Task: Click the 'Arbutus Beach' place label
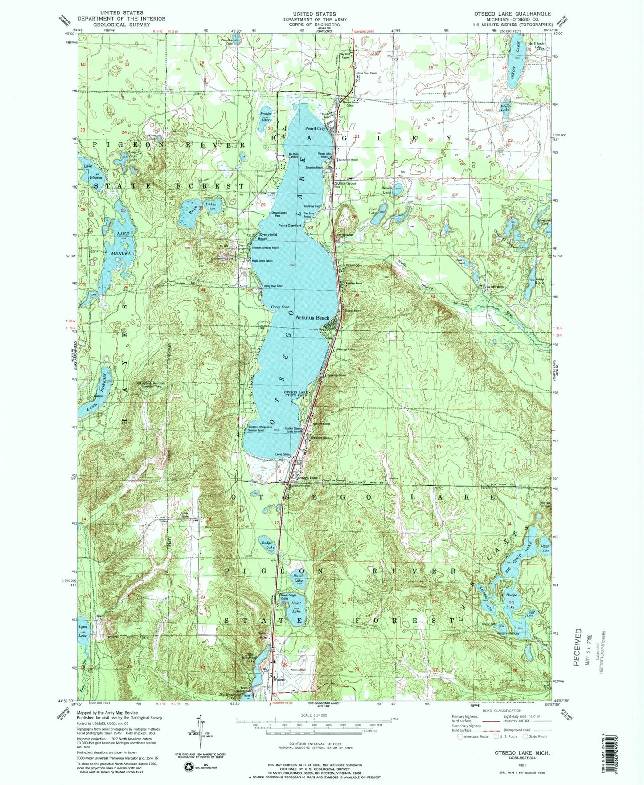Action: [x=312, y=318]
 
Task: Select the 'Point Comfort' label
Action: [x=290, y=226]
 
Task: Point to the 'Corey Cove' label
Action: [x=280, y=307]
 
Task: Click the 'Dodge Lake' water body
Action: [x=268, y=545]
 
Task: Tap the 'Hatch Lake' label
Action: [x=298, y=578]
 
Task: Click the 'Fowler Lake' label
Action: [x=266, y=117]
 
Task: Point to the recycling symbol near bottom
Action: [x=189, y=766]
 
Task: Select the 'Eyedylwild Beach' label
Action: [x=268, y=236]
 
